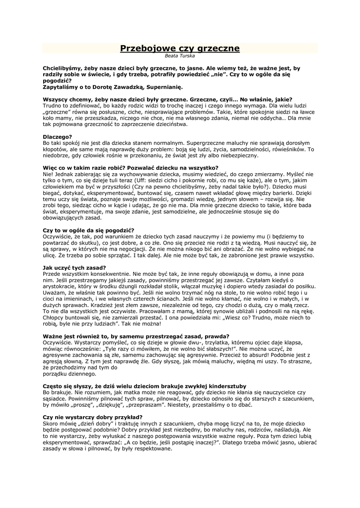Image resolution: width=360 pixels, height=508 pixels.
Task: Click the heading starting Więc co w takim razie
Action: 128,168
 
